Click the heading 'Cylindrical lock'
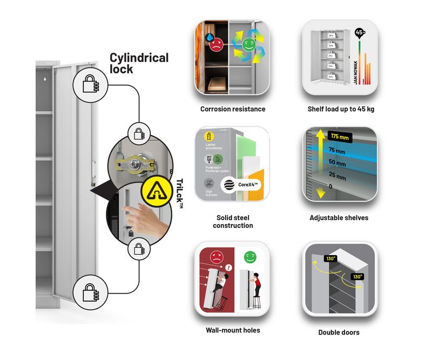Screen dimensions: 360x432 139,63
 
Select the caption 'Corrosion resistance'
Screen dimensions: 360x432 233,109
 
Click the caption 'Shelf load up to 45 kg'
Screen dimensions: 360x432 341,109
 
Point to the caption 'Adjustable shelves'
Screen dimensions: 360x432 339,218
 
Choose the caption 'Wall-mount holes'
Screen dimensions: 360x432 233,330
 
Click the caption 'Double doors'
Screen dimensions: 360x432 339,332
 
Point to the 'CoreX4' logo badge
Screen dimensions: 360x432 238,184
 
